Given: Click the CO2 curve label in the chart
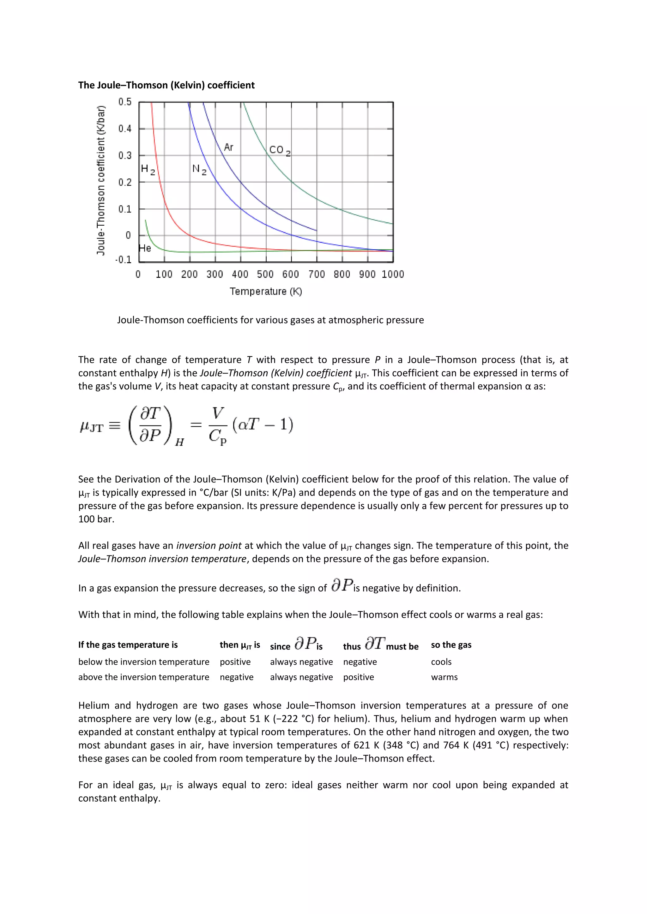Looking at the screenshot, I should tap(279, 151).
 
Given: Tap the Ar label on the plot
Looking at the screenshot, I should tap(228, 147).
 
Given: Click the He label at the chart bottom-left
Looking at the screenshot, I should tap(145, 248).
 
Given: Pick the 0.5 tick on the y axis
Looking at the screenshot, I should tap(125, 102).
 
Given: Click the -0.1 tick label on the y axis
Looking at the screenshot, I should tap(123, 259).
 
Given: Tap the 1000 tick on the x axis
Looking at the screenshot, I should tap(392, 274).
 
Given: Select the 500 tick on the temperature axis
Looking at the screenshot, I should tap(265, 274).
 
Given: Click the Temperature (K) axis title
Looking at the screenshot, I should tap(266, 291).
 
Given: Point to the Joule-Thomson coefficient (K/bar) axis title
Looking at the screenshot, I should tap(101, 180).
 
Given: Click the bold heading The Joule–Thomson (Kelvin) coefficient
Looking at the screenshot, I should tap(166, 85).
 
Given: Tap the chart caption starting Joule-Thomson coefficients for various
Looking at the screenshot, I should tap(270, 320).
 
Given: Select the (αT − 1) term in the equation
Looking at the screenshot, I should tap(263, 425).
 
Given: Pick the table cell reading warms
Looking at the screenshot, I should tap(444, 677).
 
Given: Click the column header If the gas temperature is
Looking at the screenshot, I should tap(128, 645).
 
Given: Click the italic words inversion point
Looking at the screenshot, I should tap(209, 545).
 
